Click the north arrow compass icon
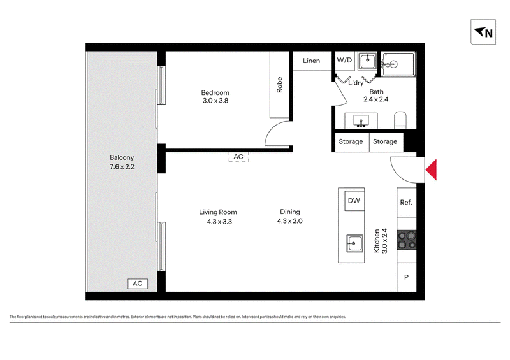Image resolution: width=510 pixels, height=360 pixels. coord(483,32)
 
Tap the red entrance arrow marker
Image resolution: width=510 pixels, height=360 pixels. coord(432,169)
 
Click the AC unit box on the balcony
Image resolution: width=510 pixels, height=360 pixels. coord(138,284)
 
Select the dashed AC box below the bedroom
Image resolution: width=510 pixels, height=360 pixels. coord(238,157)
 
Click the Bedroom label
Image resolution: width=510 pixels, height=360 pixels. coord(215,92)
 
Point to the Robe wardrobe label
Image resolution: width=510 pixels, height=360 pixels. coord(279,85)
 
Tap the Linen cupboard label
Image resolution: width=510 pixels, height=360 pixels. coord(311,61)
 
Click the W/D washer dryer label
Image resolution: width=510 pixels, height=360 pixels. coord(344,60)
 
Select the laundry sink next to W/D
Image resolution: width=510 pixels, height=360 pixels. coord(368,61)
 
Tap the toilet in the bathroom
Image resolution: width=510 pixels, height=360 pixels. coord(400,120)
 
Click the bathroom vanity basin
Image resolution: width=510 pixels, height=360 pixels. coord(361,120)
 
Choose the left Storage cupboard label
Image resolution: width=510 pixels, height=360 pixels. coord(351,141)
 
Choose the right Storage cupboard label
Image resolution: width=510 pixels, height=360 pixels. coord(385,141)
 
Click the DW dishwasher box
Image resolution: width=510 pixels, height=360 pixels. coord(354,201)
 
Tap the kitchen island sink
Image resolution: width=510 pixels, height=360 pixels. coord(354,243)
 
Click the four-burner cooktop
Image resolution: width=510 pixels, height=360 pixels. coord(407,240)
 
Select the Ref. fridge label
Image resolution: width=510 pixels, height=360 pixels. coord(406,202)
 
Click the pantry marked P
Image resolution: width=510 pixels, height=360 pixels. coord(407,277)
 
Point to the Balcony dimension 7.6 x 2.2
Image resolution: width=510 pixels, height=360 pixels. coord(122,167)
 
